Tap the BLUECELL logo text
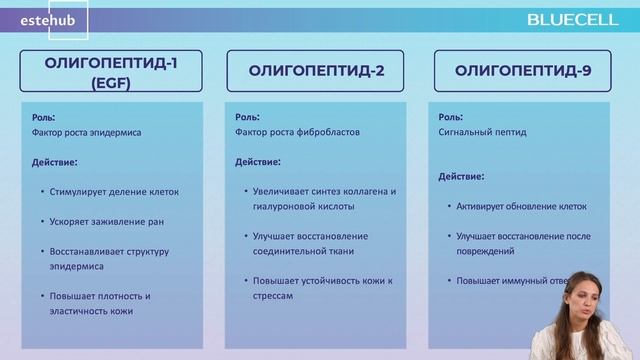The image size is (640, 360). click(x=578, y=19)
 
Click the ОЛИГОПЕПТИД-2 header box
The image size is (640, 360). click(x=317, y=71)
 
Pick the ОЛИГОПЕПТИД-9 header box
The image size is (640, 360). click(x=522, y=71)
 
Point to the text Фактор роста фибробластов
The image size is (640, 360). click(x=290, y=132)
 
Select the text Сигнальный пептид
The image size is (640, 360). click(x=478, y=132)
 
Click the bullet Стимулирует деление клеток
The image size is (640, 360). click(x=104, y=190)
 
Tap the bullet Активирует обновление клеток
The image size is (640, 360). click(x=522, y=206)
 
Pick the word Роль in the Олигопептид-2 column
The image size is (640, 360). click(x=244, y=115)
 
